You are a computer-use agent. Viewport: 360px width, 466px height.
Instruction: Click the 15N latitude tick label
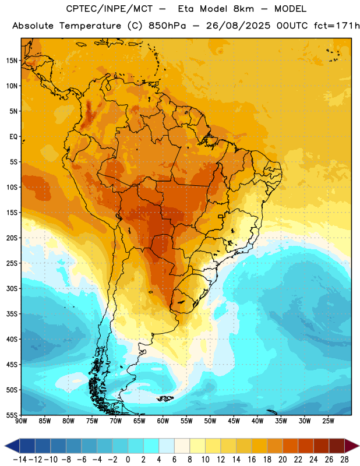[x=12, y=61]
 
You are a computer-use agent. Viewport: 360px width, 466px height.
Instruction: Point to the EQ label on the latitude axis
[x=13, y=137]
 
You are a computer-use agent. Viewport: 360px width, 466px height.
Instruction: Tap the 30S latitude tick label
[x=12, y=289]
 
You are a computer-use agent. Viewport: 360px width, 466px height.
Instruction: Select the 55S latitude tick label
[x=12, y=415]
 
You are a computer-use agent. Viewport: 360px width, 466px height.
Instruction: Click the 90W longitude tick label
[x=21, y=421]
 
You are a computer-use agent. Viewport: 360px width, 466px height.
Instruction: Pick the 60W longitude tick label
[x=163, y=421]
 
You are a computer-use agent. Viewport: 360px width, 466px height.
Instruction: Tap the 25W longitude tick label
[x=328, y=421]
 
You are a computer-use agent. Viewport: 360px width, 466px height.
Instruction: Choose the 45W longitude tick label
[x=234, y=421]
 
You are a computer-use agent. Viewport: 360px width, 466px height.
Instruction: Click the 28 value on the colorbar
[x=344, y=460]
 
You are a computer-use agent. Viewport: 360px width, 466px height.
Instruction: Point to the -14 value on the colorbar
[x=20, y=460]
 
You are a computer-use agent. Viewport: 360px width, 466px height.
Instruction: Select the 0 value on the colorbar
[x=128, y=460]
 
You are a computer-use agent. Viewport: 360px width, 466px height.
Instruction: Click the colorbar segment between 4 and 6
[x=167, y=446]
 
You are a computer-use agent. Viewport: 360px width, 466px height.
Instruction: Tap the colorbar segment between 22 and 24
[x=306, y=446]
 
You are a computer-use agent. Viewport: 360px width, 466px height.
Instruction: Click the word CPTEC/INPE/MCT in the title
[x=110, y=9]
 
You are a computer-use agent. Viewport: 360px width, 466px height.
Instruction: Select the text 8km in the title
[x=243, y=9]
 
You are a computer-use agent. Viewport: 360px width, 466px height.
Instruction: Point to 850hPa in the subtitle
[x=167, y=26]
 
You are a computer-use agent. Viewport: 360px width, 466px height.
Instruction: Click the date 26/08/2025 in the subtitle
[x=238, y=26]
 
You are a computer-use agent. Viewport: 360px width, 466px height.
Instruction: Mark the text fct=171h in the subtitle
[x=337, y=26]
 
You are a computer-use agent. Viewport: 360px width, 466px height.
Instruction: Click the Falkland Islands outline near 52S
[x=165, y=398]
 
